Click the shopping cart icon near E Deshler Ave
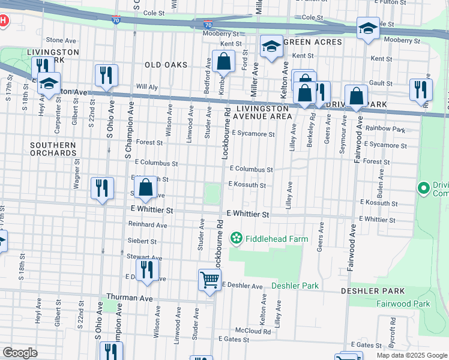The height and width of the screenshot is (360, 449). pos(209,279)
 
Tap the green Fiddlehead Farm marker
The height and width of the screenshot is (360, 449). pos(237,239)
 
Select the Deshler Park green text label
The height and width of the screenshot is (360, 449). pos(295,286)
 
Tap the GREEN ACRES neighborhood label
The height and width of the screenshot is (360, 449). pos(313,42)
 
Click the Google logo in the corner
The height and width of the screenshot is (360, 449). pos(20,352)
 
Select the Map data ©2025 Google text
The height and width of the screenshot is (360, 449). pos(411,355)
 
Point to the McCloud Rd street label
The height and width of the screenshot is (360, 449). pos(252,331)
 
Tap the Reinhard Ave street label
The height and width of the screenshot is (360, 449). pos(147,225)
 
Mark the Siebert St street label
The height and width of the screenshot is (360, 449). pos(142,241)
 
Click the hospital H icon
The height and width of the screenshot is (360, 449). pos(3,21)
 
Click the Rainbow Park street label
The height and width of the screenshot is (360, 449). pos(385,129)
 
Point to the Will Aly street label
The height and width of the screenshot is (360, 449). pos(146,87)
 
